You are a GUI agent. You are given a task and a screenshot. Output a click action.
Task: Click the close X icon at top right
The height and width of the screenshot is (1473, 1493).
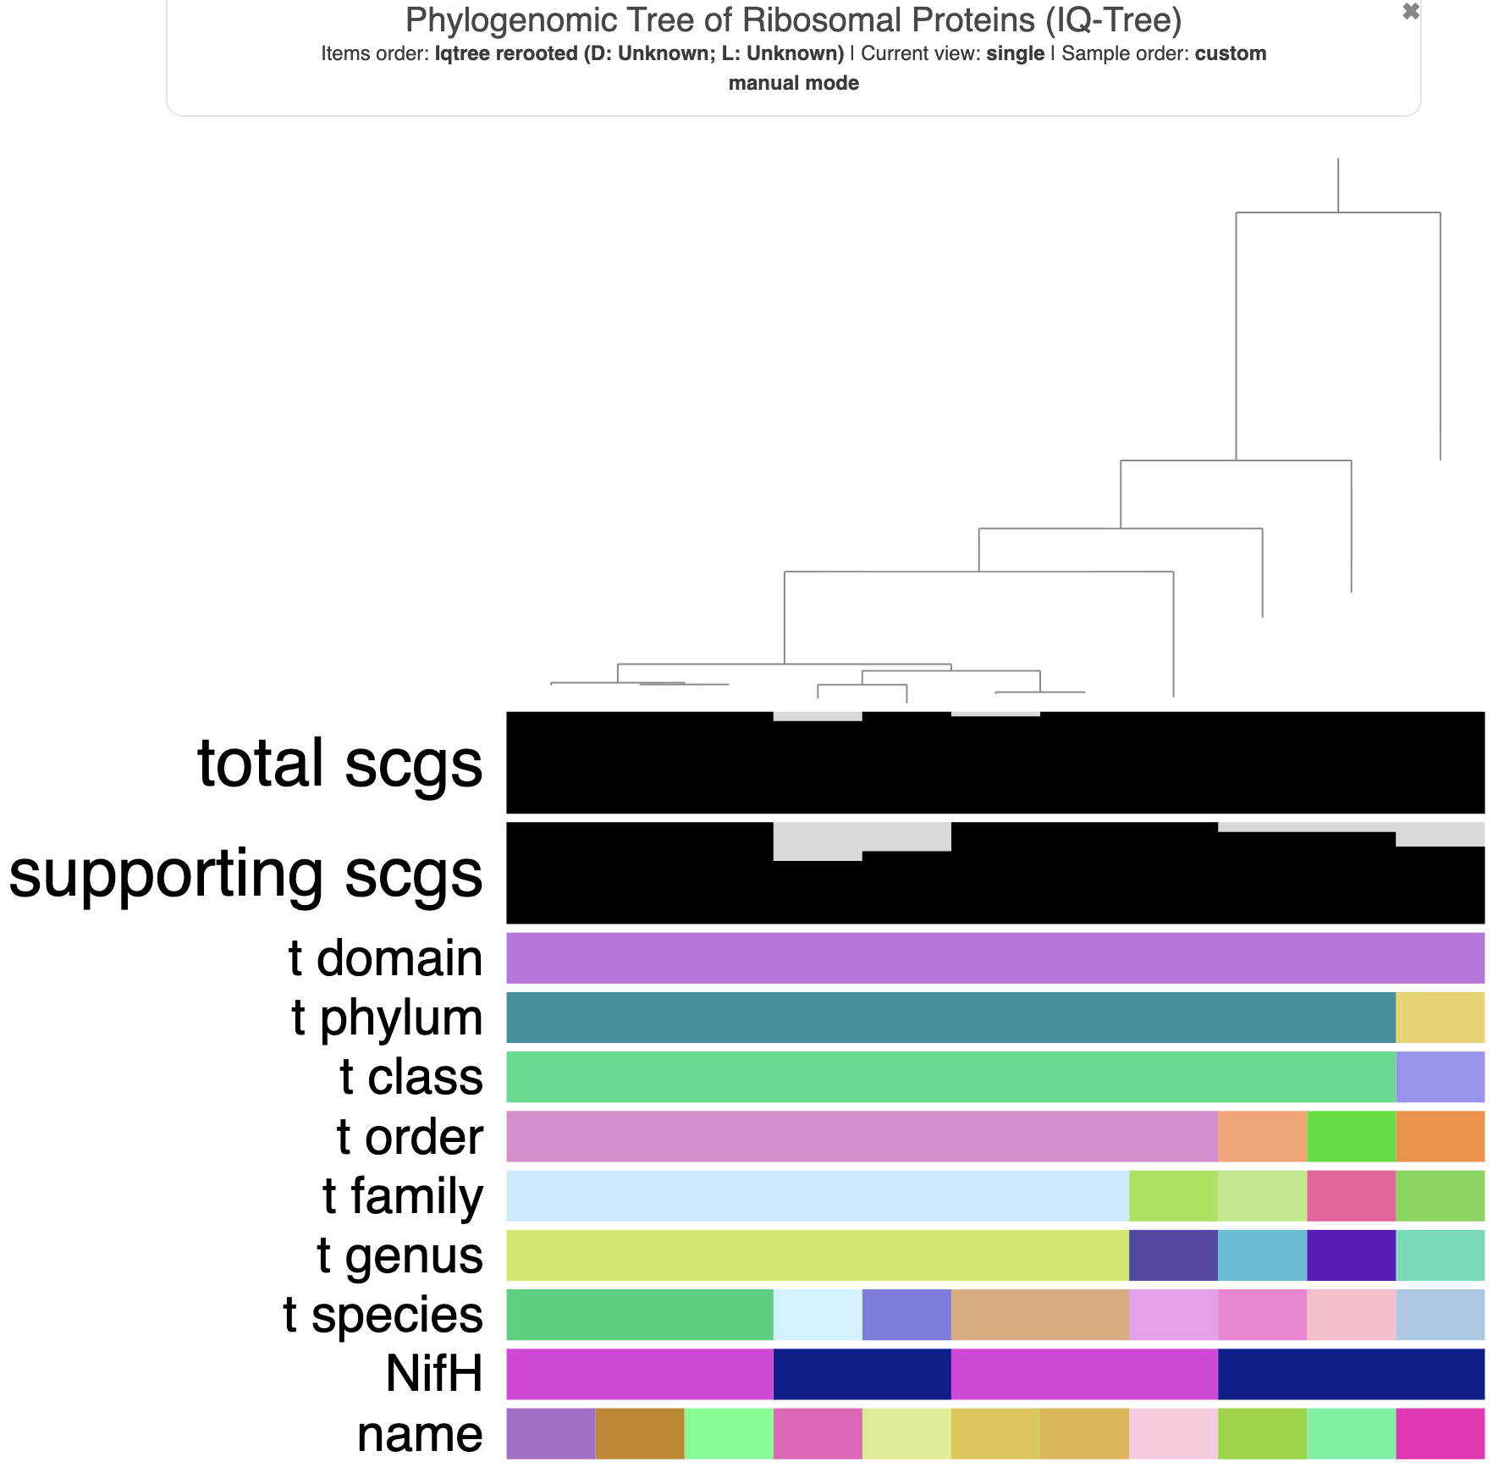click(1410, 11)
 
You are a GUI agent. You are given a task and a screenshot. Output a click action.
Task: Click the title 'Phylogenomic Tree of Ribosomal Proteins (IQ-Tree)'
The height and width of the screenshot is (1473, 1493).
click(793, 20)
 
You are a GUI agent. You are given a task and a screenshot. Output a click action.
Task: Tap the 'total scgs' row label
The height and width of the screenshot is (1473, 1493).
click(339, 764)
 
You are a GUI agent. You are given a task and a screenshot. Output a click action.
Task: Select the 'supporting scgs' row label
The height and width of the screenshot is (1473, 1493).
click(245, 874)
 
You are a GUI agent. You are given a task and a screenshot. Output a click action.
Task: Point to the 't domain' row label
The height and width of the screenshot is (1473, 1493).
click(385, 958)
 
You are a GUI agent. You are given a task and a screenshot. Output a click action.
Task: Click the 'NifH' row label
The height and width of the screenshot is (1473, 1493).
click(434, 1373)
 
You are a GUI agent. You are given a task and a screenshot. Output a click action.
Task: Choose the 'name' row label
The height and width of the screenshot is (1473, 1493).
click(420, 1434)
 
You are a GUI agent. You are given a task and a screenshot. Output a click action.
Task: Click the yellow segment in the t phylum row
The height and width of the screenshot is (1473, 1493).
click(1440, 1018)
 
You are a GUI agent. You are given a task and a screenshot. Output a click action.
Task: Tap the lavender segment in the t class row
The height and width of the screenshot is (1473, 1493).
click(1440, 1077)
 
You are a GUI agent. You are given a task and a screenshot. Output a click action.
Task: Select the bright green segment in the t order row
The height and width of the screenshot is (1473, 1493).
click(1351, 1136)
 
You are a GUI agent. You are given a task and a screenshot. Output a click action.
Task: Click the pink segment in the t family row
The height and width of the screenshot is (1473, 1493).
click(1351, 1195)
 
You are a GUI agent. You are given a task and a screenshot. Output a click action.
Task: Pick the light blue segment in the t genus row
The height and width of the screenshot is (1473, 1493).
click(1262, 1255)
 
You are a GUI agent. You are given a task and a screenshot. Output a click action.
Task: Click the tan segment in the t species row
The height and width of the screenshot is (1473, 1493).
click(1039, 1314)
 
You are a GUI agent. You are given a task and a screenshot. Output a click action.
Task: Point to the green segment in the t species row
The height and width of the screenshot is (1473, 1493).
click(639, 1314)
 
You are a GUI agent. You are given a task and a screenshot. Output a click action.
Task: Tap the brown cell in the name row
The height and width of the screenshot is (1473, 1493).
click(639, 1434)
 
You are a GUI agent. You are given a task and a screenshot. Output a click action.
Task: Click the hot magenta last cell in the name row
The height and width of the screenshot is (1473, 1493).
click(1440, 1434)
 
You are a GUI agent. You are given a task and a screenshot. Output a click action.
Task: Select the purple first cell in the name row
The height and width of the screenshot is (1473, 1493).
click(550, 1434)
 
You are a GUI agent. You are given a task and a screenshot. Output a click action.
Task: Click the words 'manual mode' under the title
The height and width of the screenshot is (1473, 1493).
click(793, 83)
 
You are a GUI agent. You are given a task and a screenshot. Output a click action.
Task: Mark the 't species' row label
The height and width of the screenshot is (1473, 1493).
click(383, 1314)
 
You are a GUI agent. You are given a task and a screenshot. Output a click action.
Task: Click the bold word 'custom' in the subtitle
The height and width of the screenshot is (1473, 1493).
click(1230, 53)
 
